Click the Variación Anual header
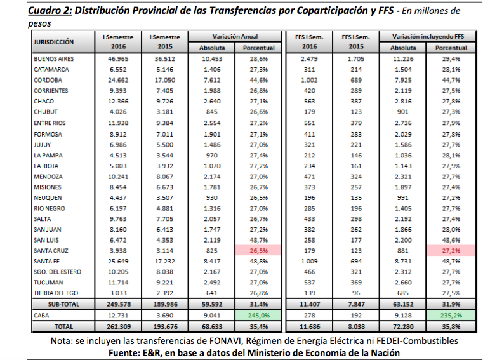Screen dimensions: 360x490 (x=235, y=37)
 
